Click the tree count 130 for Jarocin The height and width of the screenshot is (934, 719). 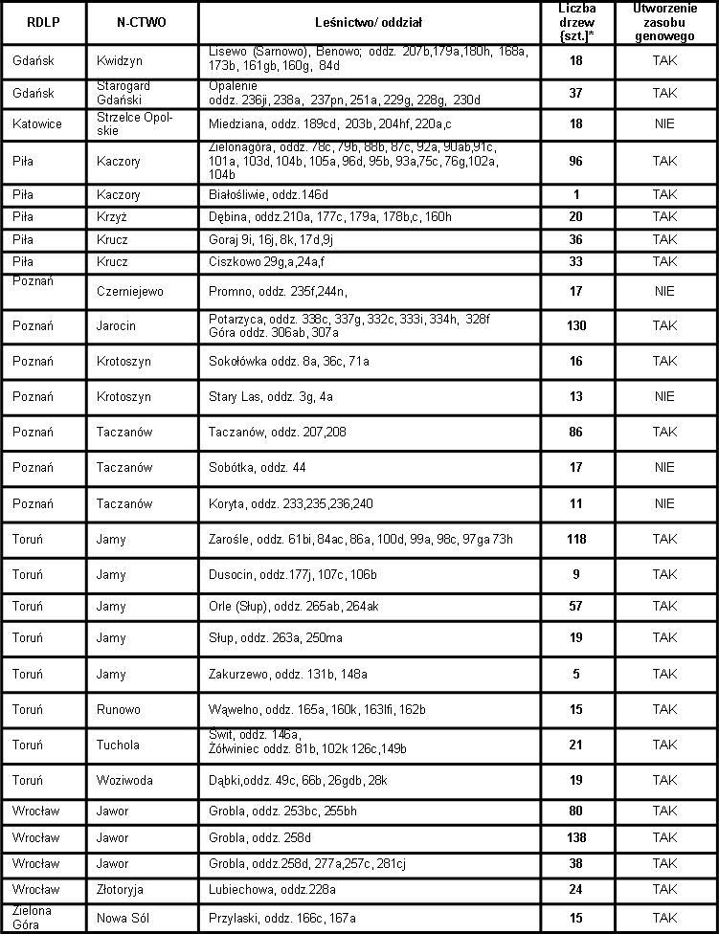576,326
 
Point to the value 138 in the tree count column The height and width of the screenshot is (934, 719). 576,838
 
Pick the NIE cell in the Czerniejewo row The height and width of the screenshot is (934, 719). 664,291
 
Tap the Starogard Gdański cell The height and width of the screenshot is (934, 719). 124,94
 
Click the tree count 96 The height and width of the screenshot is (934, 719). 576,162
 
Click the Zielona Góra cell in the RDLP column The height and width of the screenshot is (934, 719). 31,918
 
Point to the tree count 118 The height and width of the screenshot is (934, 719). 576,540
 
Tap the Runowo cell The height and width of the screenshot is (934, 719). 119,710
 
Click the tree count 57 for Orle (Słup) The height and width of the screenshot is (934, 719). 576,607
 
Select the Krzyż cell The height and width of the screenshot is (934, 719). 112,217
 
